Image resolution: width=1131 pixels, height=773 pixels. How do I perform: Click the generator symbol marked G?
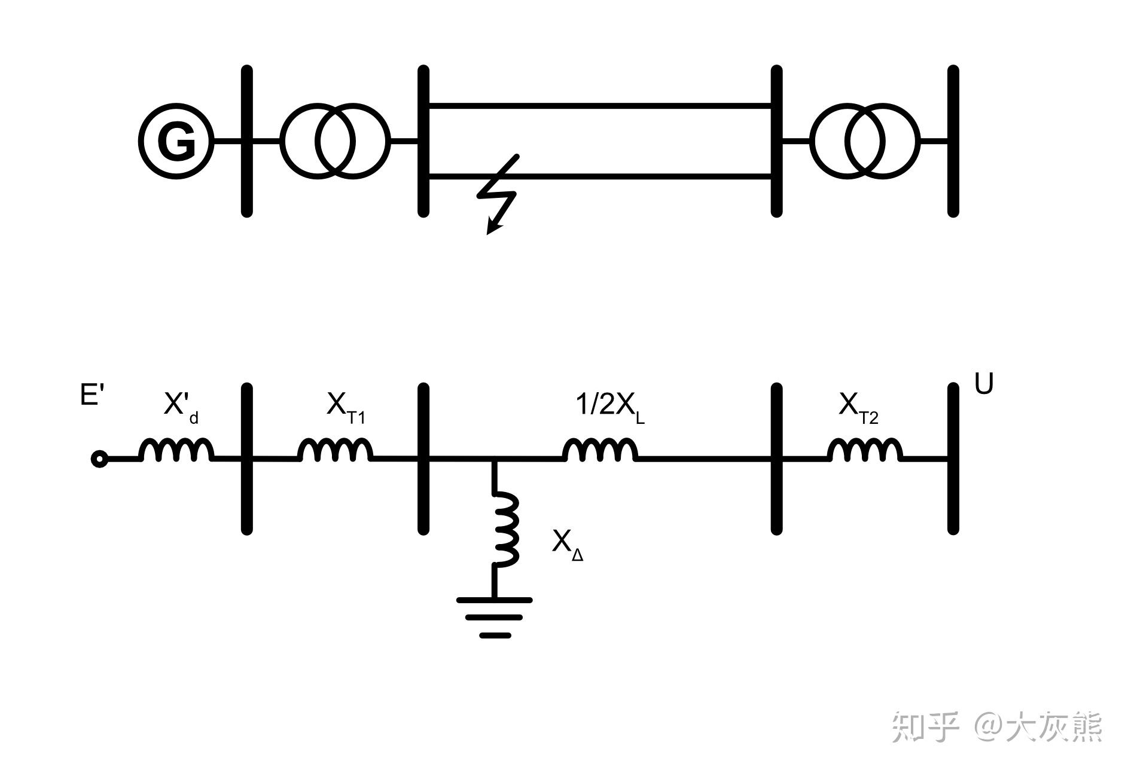pos(176,141)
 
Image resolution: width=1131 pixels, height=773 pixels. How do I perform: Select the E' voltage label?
pos(92,395)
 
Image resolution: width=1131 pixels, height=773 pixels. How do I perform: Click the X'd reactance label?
pos(180,407)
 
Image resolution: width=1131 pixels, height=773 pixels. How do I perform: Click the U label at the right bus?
pos(984,384)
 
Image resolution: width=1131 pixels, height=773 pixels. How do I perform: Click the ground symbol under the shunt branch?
pos(495,616)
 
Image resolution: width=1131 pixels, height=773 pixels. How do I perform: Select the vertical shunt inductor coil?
pos(505,528)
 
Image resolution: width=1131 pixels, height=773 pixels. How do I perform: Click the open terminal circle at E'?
pos(99,459)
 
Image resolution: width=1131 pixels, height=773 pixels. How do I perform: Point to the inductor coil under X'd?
pos(176,450)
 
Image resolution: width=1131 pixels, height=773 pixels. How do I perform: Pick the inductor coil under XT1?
pos(335,450)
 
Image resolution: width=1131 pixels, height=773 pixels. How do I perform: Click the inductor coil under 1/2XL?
pos(599,450)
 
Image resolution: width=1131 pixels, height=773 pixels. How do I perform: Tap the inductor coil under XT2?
pos(865,450)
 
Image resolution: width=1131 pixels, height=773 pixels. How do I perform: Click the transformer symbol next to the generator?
pos(335,141)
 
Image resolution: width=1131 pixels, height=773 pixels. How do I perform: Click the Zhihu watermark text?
pos(996,727)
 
